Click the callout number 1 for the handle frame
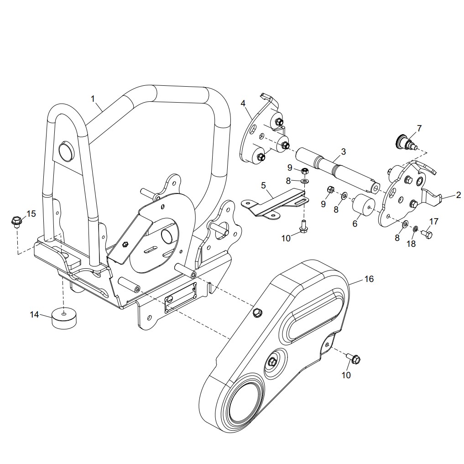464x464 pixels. click(93, 99)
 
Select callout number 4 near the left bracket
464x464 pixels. click(243, 103)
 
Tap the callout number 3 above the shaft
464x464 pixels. click(343, 151)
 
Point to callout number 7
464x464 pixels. click(419, 128)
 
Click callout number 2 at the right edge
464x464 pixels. click(458, 195)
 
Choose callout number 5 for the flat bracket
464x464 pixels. click(263, 185)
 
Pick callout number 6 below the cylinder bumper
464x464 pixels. click(355, 224)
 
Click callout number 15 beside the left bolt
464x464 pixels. click(31, 214)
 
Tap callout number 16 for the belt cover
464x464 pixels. click(369, 279)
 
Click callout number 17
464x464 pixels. click(433, 221)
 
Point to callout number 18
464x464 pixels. click(411, 243)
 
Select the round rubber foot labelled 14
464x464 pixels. click(63, 318)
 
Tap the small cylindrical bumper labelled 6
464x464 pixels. click(364, 204)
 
